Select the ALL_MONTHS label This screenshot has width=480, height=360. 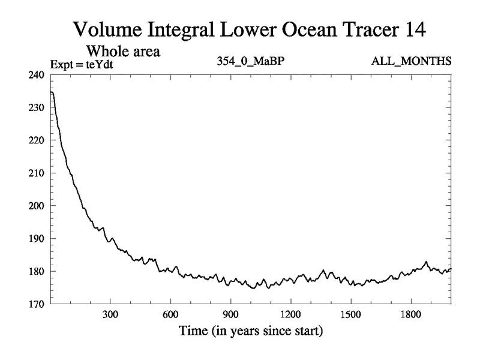(x=419, y=61)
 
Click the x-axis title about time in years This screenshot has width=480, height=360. (x=250, y=331)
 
